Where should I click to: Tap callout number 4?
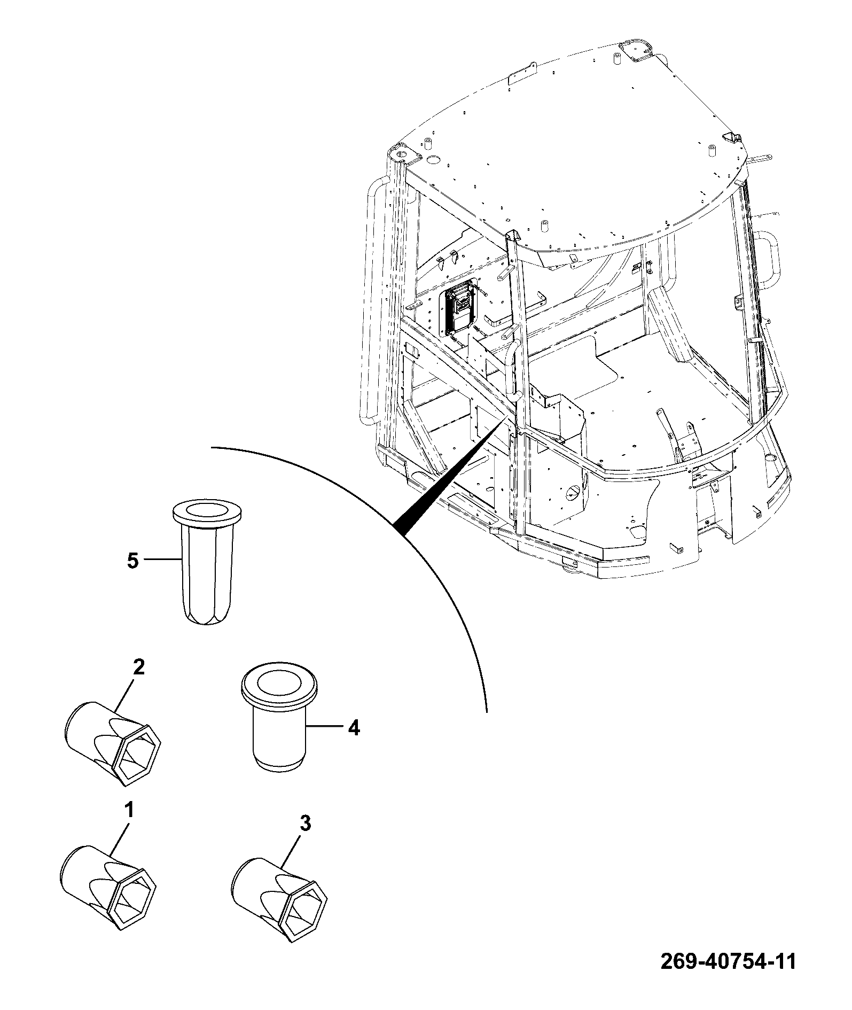pos(354,728)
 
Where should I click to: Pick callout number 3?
pos(305,838)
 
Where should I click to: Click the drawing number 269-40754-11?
pos(728,977)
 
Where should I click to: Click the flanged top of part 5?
pos(205,511)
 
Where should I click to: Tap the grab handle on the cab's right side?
pos(765,260)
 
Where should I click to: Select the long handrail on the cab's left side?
pos(372,299)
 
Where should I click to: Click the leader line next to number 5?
pos(162,560)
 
